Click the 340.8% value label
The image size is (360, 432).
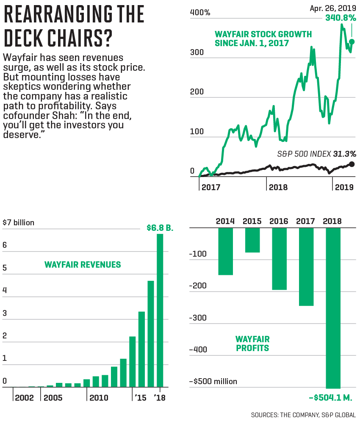click(341, 18)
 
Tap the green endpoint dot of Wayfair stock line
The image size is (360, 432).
click(352, 42)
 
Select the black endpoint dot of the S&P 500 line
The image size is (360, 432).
click(352, 164)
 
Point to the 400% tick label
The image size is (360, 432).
click(200, 13)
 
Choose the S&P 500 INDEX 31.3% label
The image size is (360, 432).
click(316, 154)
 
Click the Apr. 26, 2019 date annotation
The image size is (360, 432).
click(332, 8)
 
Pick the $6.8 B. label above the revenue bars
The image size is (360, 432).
click(160, 228)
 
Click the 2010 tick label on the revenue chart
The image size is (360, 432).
click(99, 398)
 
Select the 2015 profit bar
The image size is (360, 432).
click(252, 240)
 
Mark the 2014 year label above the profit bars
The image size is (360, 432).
click(226, 221)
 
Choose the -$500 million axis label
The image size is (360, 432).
click(213, 381)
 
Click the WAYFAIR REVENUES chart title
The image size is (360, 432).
click(83, 265)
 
